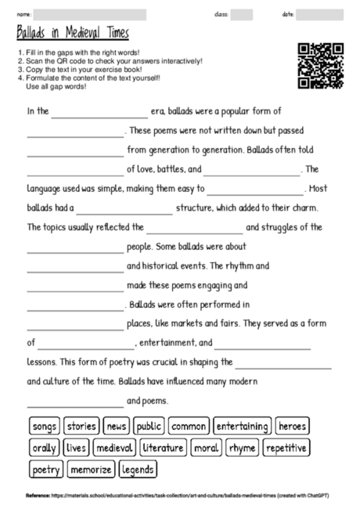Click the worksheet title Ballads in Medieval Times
tap(72, 34)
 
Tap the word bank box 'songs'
tap(44, 427)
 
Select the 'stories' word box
tap(81, 427)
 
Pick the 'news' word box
tap(116, 427)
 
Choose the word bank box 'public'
tap(149, 427)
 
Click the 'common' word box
tap(189, 427)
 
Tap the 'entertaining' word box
tap(242, 427)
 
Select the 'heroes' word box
tap(292, 427)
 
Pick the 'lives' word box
tap(76, 448)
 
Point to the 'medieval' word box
tap(114, 448)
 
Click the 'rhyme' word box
tap(243, 448)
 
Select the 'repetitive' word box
tap(286, 448)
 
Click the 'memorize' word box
tap(90, 470)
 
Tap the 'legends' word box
tap(138, 470)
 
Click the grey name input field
tap(90, 14)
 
